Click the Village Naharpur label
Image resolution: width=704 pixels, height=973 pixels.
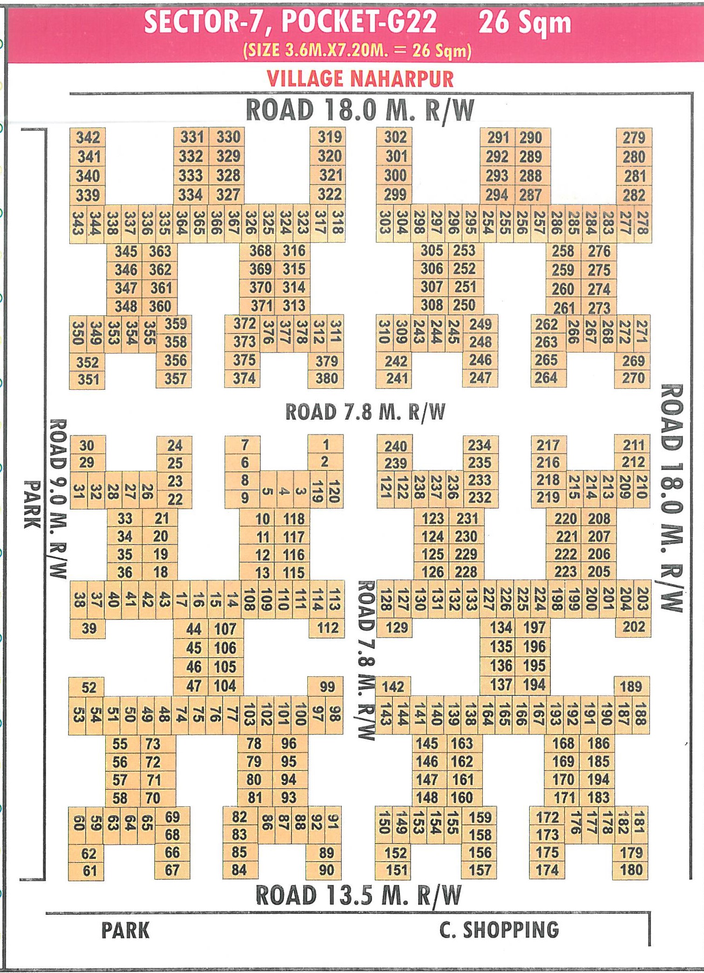coord(360,78)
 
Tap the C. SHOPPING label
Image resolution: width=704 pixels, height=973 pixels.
coord(499,930)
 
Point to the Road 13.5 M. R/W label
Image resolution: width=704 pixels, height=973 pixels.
coord(359,896)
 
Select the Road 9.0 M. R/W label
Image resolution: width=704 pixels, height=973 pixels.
coord(58,498)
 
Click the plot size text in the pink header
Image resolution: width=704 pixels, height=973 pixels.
coord(357,50)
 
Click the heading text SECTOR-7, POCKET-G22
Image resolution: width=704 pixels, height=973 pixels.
coord(291,22)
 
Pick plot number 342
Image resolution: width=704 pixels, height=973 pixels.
coord(88,137)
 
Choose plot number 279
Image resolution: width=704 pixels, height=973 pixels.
coord(634,137)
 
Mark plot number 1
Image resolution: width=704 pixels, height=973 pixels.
coord(326,444)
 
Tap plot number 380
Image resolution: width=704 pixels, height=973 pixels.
coord(326,379)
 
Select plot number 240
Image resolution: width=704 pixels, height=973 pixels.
coord(395,446)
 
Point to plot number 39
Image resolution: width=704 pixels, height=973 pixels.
coord(88,628)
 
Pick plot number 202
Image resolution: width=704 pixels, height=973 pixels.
coord(633,627)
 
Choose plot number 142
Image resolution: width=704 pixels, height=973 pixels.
coord(393,687)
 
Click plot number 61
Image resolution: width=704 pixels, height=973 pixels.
coord(89,871)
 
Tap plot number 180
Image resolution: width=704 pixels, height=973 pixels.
coord(631,870)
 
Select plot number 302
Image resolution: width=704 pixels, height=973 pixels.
coord(395,137)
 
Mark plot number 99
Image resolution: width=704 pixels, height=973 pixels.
coord(327,687)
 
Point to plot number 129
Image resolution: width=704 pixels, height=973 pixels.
coord(396,628)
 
